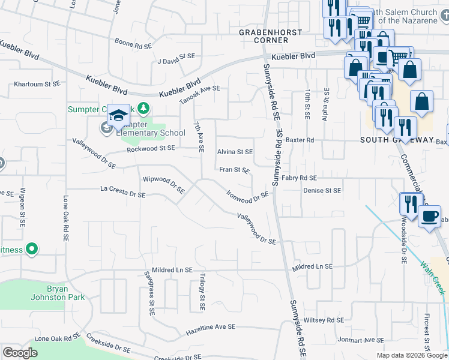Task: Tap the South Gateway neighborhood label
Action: [396, 140]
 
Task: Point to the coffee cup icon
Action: [429, 217]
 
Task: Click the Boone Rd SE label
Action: [133, 44]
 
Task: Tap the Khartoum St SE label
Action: [37, 85]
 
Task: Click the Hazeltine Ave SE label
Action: [210, 328]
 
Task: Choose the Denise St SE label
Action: [322, 190]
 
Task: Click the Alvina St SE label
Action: [235, 152]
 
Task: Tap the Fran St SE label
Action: [234, 170]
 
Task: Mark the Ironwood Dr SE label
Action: [247, 196]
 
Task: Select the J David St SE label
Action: [176, 61]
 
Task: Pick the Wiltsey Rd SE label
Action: [324, 320]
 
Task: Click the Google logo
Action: [20, 352]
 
